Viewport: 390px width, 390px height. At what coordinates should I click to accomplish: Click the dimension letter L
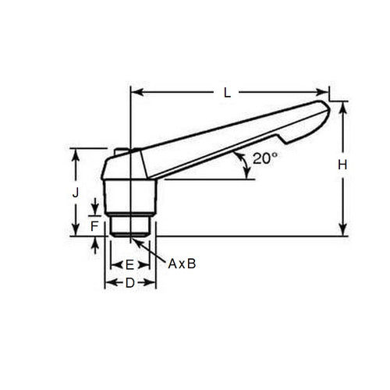[226, 92]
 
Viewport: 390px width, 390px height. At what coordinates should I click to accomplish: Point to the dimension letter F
[94, 226]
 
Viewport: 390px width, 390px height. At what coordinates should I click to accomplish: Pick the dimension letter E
[129, 265]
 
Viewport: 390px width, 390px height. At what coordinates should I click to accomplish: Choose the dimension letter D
[130, 283]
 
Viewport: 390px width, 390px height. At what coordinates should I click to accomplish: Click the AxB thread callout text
[182, 264]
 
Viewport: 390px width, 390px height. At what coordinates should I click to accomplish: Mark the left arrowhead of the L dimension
[133, 92]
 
